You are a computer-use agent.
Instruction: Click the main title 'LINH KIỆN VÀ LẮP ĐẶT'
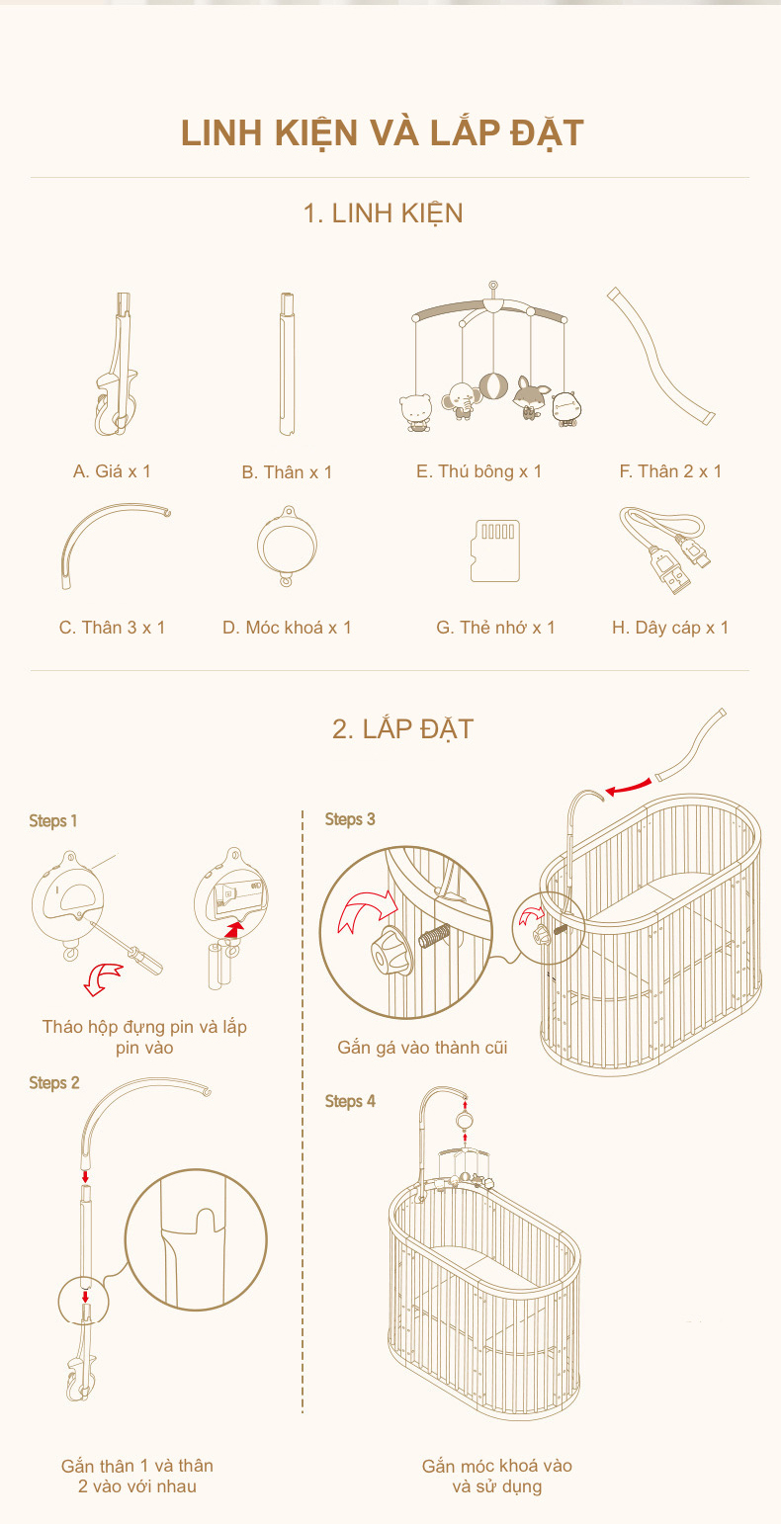coord(383,132)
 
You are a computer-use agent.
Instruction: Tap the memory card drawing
coord(495,551)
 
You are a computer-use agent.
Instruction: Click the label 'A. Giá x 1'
coord(112,470)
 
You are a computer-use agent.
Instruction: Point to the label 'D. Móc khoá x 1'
coord(287,628)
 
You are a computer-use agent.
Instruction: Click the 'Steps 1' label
coord(53,821)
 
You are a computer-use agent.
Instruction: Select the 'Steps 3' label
coord(350,819)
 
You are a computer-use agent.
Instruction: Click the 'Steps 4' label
coord(350,1101)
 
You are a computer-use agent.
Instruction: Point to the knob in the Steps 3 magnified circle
coord(388,948)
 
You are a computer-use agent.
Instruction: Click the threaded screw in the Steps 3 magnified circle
coord(434,936)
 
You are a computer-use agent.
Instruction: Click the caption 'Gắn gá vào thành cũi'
coord(422,1047)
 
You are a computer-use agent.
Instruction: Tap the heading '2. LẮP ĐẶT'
coord(402,728)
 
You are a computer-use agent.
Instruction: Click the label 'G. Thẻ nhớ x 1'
coord(495,628)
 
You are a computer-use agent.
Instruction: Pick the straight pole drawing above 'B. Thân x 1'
coord(287,364)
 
